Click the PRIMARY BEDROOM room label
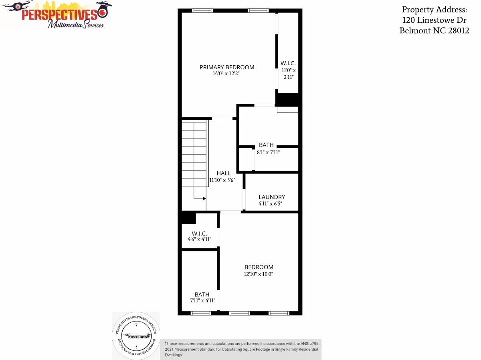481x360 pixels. click(x=227, y=67)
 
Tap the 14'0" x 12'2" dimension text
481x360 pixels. click(x=226, y=73)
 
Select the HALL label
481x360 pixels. click(x=224, y=173)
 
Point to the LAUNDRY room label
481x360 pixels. click(x=272, y=197)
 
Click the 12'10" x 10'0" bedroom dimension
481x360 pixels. click(x=259, y=274)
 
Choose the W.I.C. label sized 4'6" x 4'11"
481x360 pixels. click(x=199, y=233)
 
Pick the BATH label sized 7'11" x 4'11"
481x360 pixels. click(x=202, y=295)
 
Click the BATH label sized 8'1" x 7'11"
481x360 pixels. click(x=266, y=145)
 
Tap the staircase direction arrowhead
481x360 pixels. click(x=204, y=199)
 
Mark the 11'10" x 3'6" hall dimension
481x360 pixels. click(x=222, y=180)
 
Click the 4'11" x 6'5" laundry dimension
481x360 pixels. click(x=270, y=203)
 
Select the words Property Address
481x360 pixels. click(x=435, y=10)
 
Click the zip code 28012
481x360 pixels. click(x=459, y=30)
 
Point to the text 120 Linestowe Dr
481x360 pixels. click(x=434, y=20)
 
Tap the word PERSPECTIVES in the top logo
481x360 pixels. click(x=59, y=15)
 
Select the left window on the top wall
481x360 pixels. click(x=202, y=10)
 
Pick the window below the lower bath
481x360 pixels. click(x=201, y=313)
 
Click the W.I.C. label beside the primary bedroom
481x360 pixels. click(x=288, y=63)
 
